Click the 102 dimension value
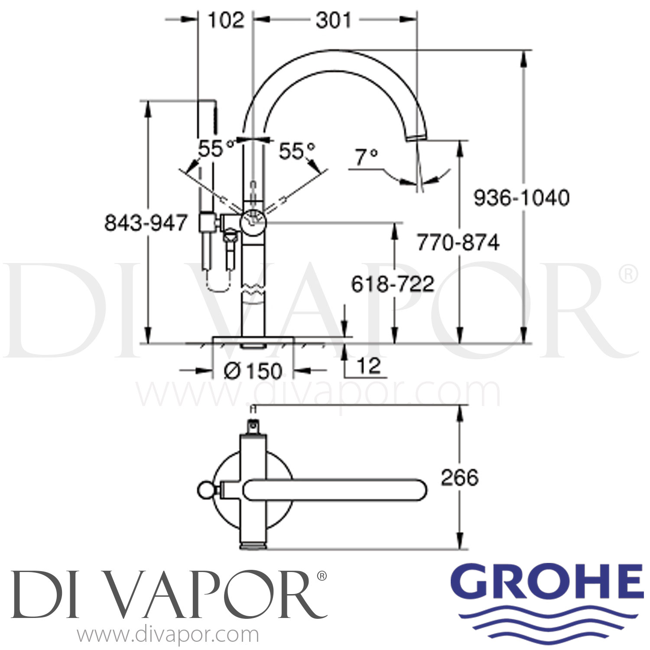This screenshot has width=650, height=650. [x=226, y=20]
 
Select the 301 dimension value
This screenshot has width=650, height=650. [x=334, y=20]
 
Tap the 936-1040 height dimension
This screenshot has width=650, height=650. [x=521, y=198]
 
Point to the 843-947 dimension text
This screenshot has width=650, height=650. [x=146, y=223]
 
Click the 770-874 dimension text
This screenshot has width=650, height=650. [x=458, y=242]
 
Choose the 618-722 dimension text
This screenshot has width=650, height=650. [x=393, y=284]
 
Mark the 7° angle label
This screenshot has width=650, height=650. [x=367, y=157]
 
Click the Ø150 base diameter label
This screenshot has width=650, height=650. [x=253, y=371]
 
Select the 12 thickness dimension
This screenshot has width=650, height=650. [x=369, y=366]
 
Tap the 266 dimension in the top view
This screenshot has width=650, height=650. [x=460, y=478]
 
